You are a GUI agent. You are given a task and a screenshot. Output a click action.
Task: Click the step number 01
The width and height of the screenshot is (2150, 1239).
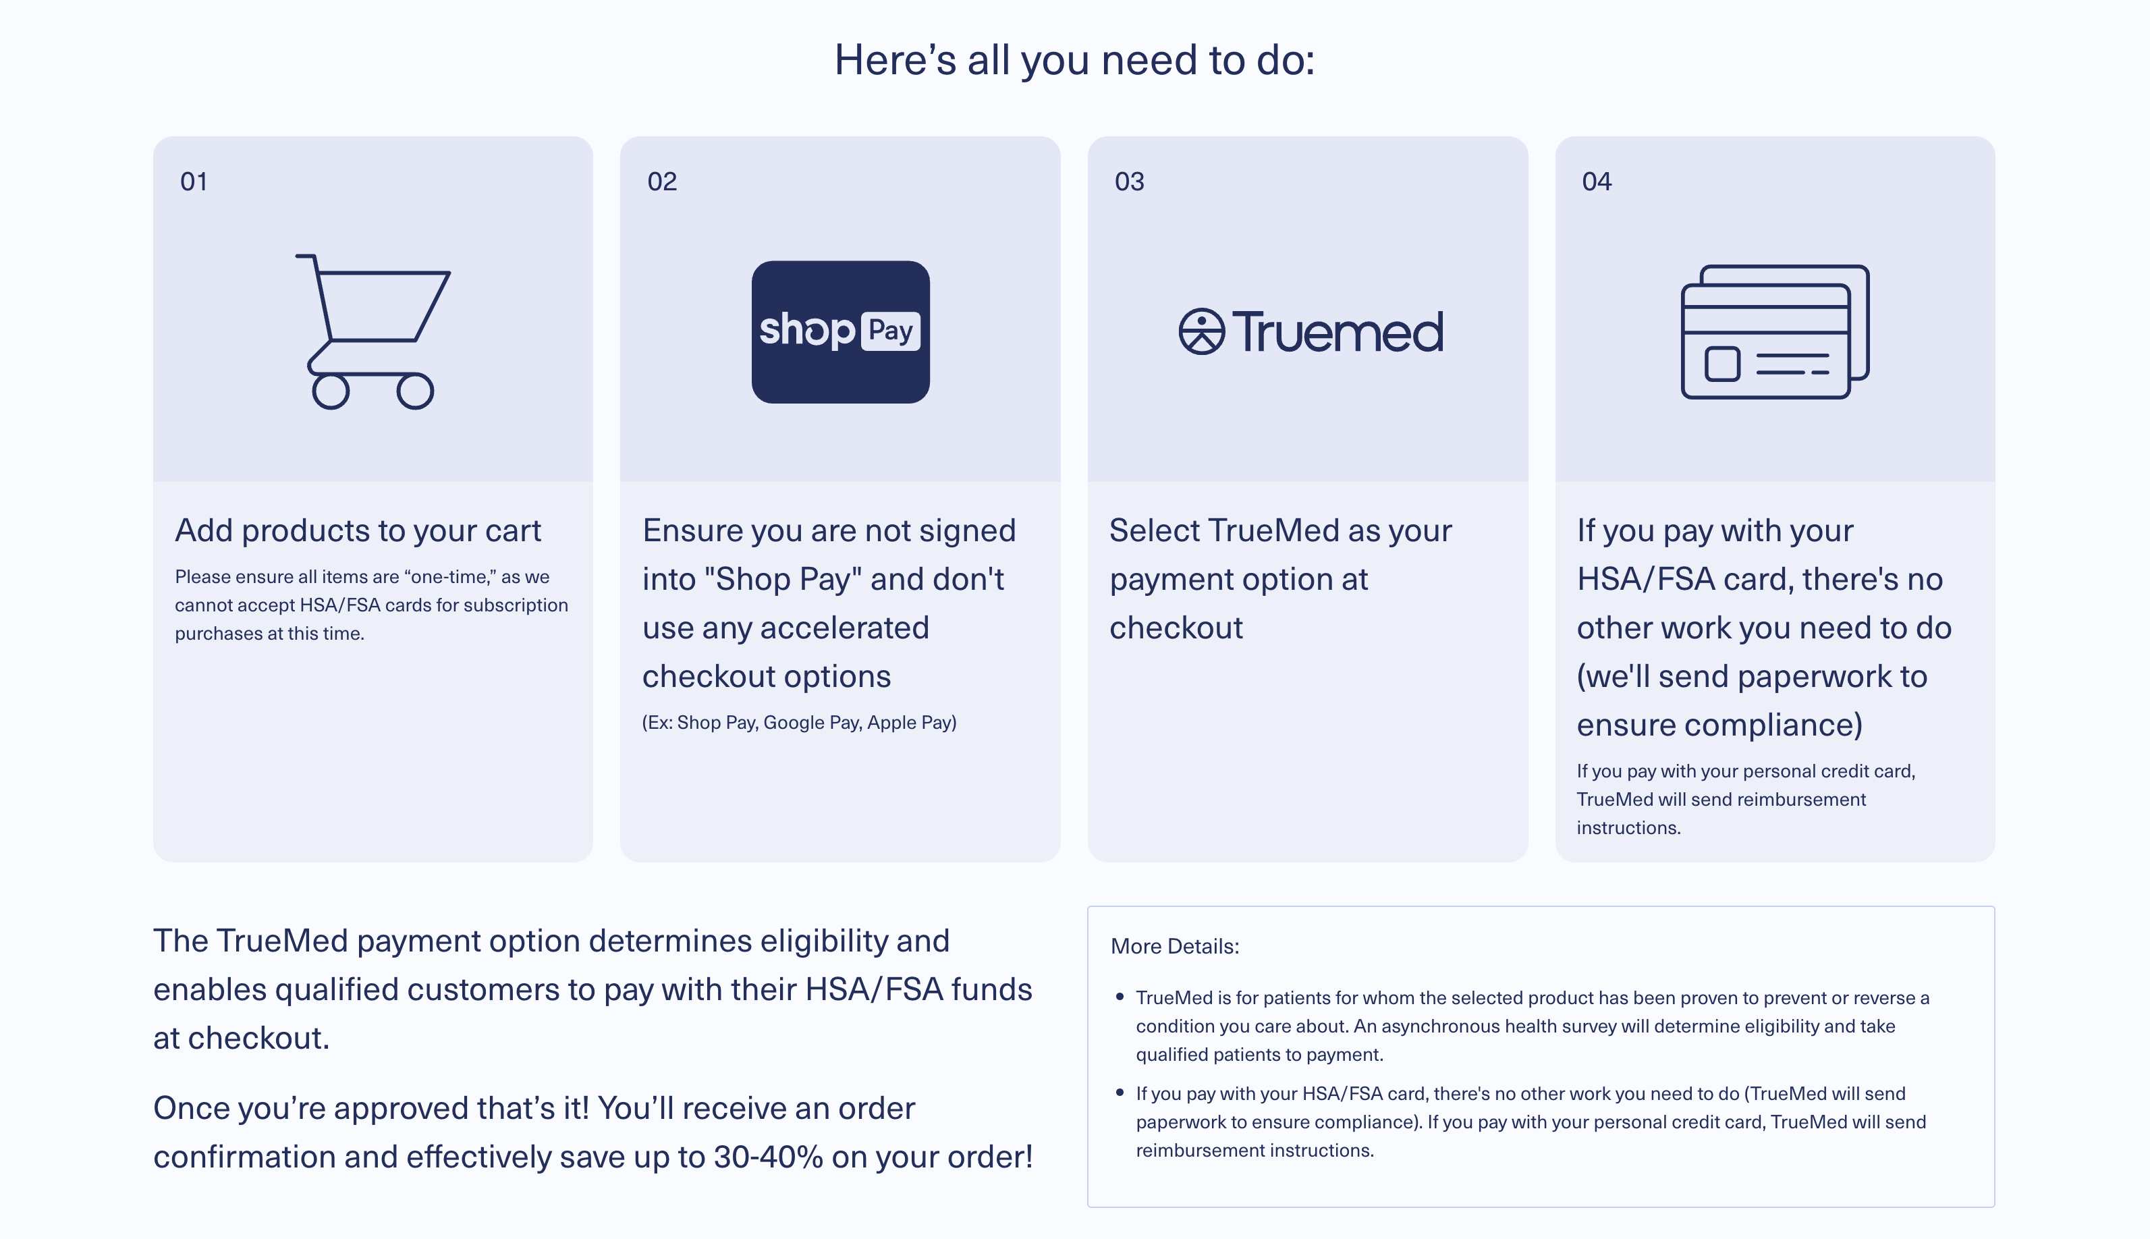click(x=194, y=182)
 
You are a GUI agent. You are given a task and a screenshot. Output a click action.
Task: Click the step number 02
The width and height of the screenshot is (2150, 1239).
click(x=662, y=182)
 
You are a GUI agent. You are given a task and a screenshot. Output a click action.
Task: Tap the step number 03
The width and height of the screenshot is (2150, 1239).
click(x=1129, y=182)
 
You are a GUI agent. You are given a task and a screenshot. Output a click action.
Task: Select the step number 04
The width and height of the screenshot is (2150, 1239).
click(x=1596, y=182)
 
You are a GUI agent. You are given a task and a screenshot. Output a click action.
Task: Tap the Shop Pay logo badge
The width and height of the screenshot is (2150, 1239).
click(x=841, y=332)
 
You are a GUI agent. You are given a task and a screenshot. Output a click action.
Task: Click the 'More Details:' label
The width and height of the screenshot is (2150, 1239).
click(x=1175, y=946)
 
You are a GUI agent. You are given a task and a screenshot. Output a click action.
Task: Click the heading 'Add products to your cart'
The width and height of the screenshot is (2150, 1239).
click(x=358, y=530)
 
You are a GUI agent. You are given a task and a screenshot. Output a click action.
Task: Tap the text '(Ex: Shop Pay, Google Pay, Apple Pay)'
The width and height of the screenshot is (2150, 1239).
click(x=800, y=723)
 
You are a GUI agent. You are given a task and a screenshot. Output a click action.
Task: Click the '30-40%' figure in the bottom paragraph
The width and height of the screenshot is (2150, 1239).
click(x=768, y=1157)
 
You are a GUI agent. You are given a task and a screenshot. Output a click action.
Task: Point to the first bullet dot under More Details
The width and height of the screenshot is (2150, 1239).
click(x=1120, y=997)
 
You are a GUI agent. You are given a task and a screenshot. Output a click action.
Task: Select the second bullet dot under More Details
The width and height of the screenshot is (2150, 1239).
click(x=1120, y=1093)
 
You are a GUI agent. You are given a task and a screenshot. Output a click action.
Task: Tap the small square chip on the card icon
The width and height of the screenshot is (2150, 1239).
click(x=1722, y=364)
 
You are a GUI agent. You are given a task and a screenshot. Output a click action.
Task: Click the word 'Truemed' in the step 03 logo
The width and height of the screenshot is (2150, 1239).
click(x=1338, y=331)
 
